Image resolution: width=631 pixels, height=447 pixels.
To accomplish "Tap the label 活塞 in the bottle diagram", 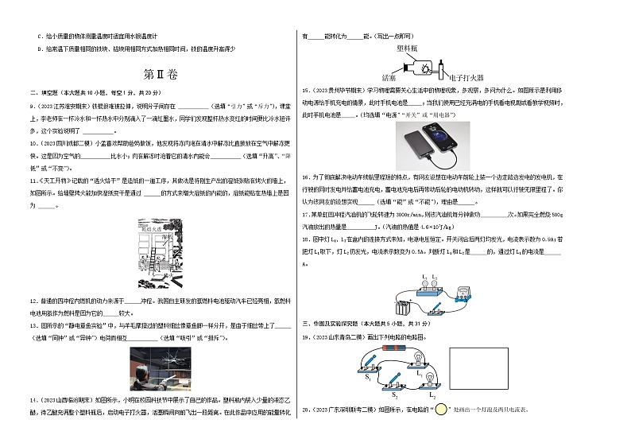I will coord(389,78).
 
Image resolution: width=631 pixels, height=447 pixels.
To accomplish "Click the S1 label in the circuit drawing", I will coord(368,378).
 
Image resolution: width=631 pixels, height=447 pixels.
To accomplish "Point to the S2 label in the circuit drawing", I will coord(393,394).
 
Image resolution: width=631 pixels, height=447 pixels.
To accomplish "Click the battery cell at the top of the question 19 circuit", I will coord(395,347).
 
